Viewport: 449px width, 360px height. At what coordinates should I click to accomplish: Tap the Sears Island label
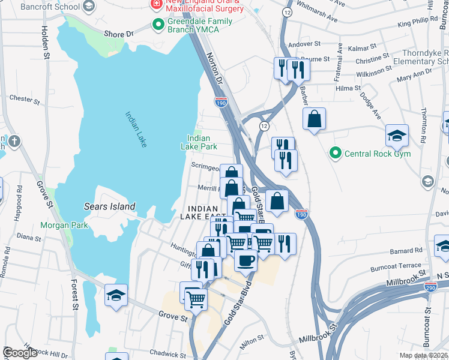[x=109, y=206]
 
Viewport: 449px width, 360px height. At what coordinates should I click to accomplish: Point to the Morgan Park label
[x=64, y=226]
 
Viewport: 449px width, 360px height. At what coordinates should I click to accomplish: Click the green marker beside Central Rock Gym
[x=336, y=154]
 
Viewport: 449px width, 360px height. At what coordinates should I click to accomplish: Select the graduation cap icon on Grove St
[x=116, y=295]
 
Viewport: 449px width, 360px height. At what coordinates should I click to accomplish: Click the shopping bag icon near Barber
[x=314, y=119]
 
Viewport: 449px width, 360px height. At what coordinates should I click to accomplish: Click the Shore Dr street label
[x=118, y=35]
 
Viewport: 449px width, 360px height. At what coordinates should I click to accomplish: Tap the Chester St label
[x=24, y=98]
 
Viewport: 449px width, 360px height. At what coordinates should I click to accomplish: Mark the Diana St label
[x=28, y=237]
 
